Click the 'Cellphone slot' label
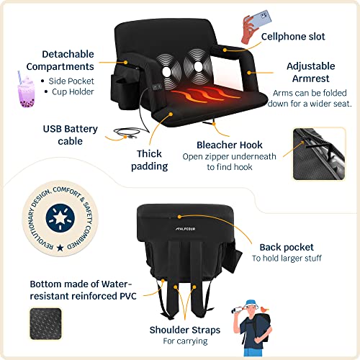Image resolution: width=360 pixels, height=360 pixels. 293,37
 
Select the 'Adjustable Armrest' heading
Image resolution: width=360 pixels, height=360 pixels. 311,72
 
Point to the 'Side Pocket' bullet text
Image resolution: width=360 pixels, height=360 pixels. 71,81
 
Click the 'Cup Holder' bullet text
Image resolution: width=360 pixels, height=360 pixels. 73,92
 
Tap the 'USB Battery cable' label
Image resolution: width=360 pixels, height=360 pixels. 71,135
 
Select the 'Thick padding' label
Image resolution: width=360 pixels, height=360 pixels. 149,160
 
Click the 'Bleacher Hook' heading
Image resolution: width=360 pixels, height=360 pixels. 230,145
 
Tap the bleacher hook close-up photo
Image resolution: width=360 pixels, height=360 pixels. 319,153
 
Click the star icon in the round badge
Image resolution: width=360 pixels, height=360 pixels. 60,218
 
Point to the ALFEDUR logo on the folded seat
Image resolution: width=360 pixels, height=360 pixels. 185,229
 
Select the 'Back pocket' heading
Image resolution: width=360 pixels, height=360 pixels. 287,247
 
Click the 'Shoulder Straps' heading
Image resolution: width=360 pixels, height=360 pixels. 185,330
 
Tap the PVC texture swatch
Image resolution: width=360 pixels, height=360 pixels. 45,324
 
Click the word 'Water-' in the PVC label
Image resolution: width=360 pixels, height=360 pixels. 117,284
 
